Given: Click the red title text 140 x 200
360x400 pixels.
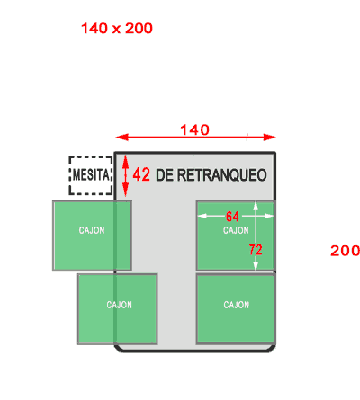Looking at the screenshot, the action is [117, 29].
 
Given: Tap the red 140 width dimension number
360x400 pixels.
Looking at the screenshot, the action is [194, 130].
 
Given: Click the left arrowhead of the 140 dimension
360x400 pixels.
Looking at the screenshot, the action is [122, 138].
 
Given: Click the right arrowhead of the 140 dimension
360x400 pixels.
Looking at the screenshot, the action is [269, 138].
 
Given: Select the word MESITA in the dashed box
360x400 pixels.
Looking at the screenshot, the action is [91, 174].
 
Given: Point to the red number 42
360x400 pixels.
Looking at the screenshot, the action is [141, 174].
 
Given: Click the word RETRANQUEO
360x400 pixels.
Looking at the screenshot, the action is [222, 175].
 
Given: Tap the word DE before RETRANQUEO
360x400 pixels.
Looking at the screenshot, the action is [165, 175].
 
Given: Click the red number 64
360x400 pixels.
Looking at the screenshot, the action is [232, 217].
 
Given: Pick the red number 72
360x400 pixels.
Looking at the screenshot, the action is [256, 250].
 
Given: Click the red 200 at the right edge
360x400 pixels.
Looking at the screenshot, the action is [345, 251].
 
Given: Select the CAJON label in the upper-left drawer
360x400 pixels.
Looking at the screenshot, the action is [92, 230].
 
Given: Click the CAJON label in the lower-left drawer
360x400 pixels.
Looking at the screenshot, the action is [120, 305].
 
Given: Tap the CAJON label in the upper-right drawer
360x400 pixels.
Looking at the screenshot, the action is [236, 230].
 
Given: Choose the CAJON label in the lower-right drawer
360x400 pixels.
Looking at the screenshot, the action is [237, 305].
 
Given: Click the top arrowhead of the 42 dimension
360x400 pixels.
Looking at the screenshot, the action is [126, 161].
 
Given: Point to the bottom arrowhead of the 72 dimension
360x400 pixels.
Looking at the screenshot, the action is [256, 265].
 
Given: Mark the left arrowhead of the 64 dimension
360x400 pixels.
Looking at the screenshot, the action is [202, 216].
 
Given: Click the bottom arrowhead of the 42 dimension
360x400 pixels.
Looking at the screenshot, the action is [126, 191].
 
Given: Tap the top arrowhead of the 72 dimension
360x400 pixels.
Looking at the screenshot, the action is [256, 207].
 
